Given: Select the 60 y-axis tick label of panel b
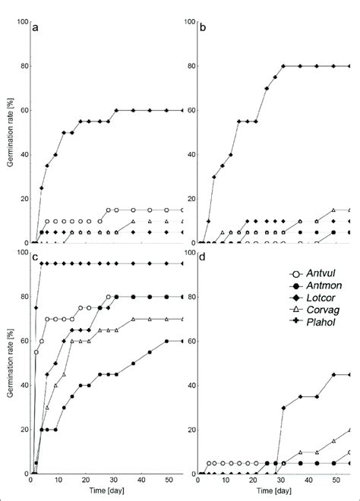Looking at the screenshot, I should pos(189,111).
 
